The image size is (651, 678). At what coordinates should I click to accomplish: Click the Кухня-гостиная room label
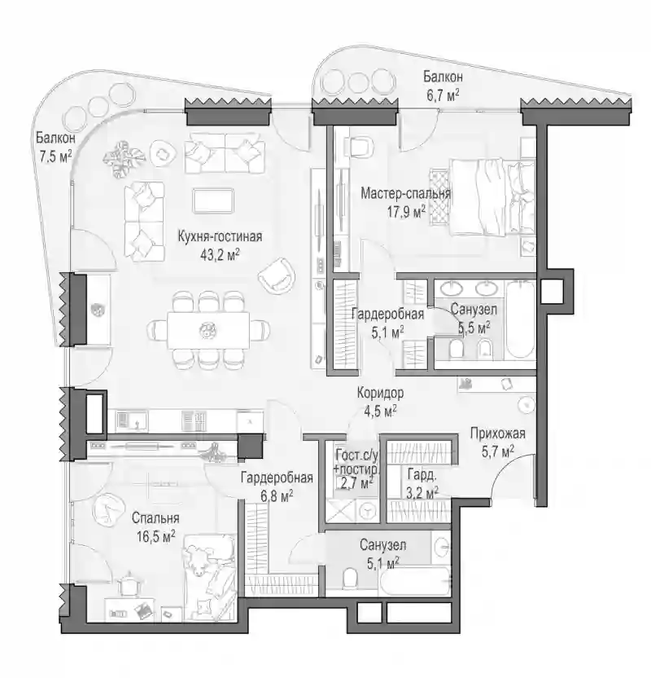pos(221,237)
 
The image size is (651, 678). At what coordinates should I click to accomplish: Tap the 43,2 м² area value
pos(220,255)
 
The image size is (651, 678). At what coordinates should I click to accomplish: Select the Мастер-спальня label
pos(405,193)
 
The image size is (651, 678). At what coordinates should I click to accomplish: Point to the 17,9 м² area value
pos(406,211)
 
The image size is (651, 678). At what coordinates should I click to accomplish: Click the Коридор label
pos(380,393)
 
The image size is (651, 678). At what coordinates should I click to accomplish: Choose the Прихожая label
pos(498,434)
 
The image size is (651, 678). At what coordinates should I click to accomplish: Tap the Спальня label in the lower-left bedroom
pos(155,518)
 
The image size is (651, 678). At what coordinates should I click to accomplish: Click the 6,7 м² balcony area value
pos(443,95)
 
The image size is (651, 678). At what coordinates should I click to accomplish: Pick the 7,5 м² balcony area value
pos(55,156)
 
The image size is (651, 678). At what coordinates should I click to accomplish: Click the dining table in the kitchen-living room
pos(208,330)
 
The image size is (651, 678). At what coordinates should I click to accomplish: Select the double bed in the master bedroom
pos(492,197)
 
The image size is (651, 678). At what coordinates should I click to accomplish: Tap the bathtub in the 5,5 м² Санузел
pos(520,320)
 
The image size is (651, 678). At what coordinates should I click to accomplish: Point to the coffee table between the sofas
pos(213,200)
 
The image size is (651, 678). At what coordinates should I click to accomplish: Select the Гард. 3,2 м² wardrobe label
pos(422,483)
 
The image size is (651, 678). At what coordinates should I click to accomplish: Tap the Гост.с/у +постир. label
pos(358,462)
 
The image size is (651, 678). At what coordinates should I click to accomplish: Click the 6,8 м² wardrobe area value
pos(277,495)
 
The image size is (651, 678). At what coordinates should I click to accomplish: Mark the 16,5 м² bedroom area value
pos(156,536)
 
